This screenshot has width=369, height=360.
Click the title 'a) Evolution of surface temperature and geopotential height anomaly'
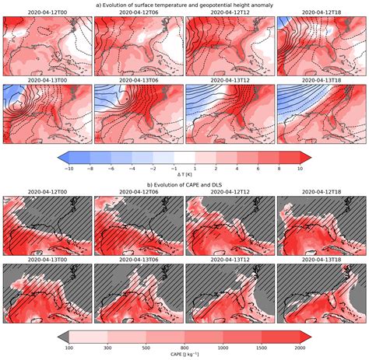[x=184, y=5]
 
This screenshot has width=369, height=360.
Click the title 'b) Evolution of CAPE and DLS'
[x=184, y=185]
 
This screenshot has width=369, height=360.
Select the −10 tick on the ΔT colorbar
[x=69, y=167]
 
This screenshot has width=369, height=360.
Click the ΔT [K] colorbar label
[x=184, y=175]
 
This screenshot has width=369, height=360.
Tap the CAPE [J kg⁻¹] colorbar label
[x=184, y=355]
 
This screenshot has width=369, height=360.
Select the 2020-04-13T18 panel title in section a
[x=321, y=79]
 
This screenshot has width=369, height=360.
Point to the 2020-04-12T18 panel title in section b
[x=321, y=192]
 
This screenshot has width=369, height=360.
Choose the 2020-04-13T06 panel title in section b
[x=138, y=259]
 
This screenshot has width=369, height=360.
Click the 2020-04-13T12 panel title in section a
[x=229, y=79]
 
